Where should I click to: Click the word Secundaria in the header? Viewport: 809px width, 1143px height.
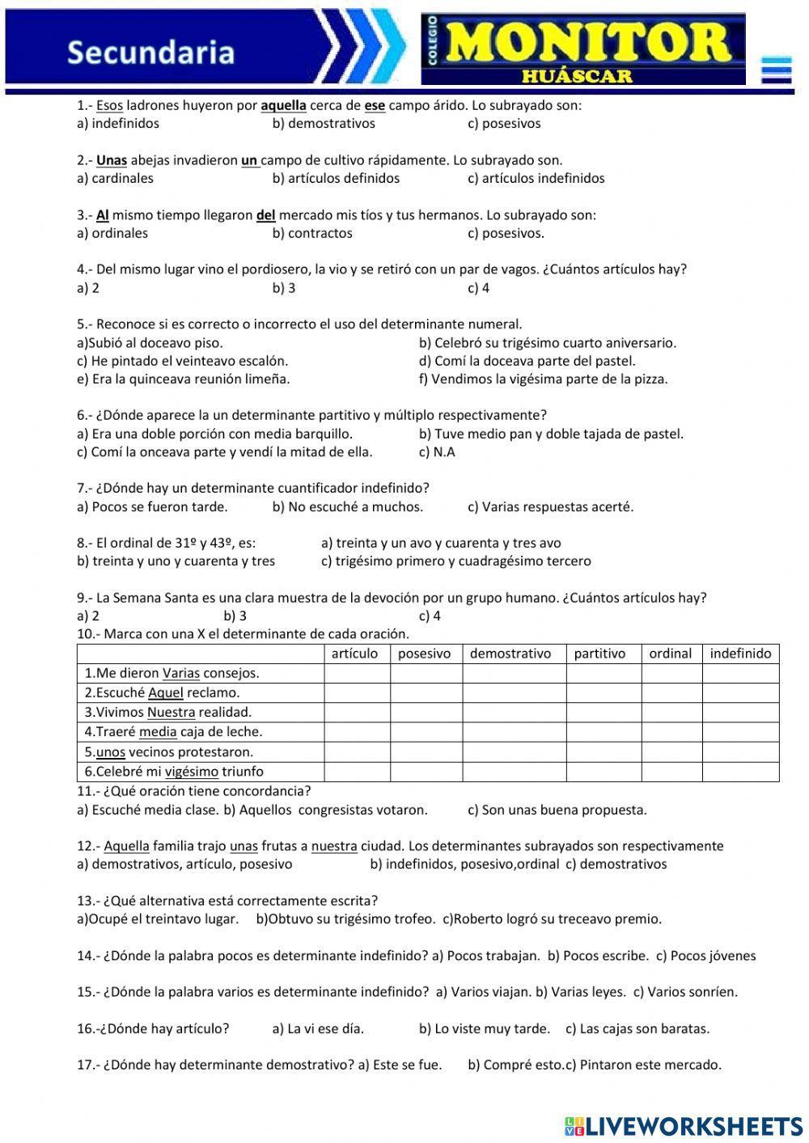coord(150,53)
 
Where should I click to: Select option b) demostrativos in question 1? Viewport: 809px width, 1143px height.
coord(324,124)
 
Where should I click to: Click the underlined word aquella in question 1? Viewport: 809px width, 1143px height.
coord(283,105)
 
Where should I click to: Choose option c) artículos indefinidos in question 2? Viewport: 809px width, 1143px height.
coord(536,179)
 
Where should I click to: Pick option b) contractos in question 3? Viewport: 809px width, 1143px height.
coord(312,233)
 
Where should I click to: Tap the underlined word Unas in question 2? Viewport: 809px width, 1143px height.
coord(112,160)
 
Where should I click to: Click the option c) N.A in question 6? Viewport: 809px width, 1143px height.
coord(437,452)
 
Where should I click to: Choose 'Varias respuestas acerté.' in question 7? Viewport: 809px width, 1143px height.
coord(550,507)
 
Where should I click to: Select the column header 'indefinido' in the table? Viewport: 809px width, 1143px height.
coord(739,654)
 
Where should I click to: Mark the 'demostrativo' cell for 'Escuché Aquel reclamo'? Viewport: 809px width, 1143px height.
coord(514,693)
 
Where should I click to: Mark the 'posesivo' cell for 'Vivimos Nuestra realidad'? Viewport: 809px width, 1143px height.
coord(426,713)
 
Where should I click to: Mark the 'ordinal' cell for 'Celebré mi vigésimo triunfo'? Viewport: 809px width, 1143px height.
coord(671,772)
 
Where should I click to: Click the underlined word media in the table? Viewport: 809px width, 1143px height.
coord(158,732)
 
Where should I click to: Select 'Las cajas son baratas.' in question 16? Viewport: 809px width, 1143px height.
coord(637,1029)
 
